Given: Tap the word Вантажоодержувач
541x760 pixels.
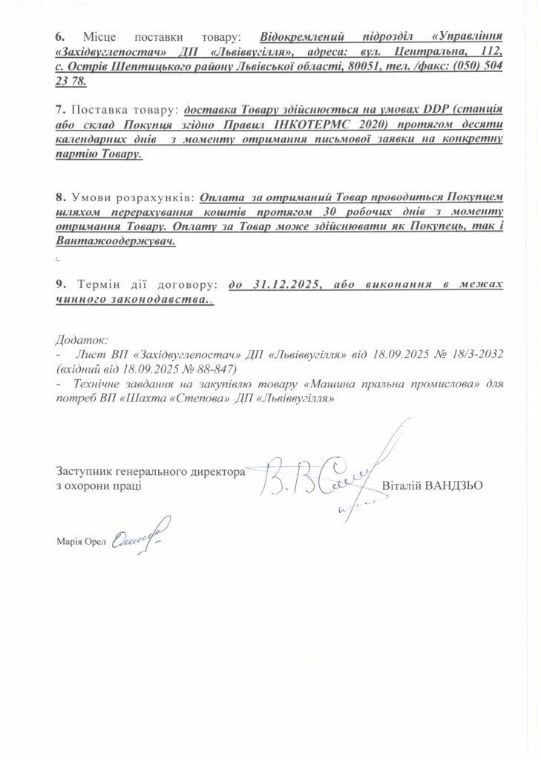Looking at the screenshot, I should click(116, 243).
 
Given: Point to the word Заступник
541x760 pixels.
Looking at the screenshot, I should click(87, 471).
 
